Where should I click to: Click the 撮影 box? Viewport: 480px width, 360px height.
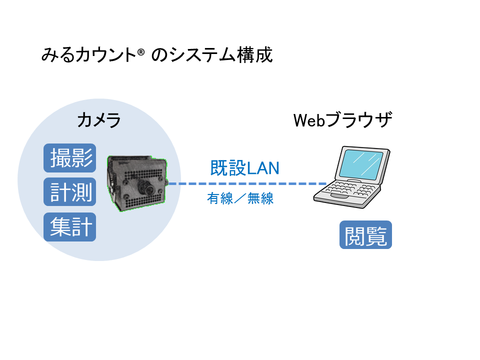pos(69,157)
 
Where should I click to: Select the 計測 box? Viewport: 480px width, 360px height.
pos(69,192)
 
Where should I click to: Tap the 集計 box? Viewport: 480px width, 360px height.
pos(69,227)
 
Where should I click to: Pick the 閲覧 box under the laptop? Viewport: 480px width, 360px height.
pos(365,235)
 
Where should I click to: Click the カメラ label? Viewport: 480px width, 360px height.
pos(98,120)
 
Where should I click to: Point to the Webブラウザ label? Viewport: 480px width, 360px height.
pos(342,120)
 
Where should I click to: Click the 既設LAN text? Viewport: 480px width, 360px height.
pos(244,168)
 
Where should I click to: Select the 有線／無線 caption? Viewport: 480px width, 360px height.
pos(240,198)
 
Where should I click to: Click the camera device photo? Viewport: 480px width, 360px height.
pos(137,183)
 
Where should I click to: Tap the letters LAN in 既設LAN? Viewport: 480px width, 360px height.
pos(262,168)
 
